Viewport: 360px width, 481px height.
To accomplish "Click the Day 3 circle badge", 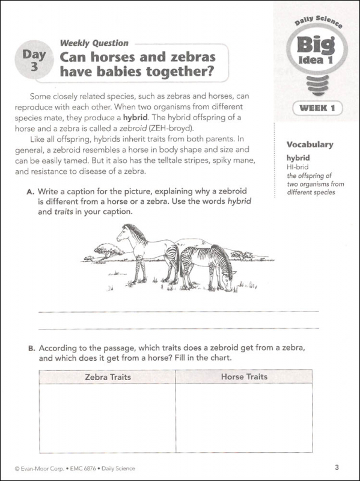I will point(31,60).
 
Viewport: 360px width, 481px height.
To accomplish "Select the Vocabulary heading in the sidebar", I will point(310,144).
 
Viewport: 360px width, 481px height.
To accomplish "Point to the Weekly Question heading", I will point(94,43).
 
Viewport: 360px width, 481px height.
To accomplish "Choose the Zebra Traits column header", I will point(108,377).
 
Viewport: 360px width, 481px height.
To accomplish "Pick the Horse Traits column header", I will point(244,377).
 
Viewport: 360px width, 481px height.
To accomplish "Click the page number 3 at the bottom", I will point(338,467).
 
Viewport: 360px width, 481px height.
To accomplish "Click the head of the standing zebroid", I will point(123,231).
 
